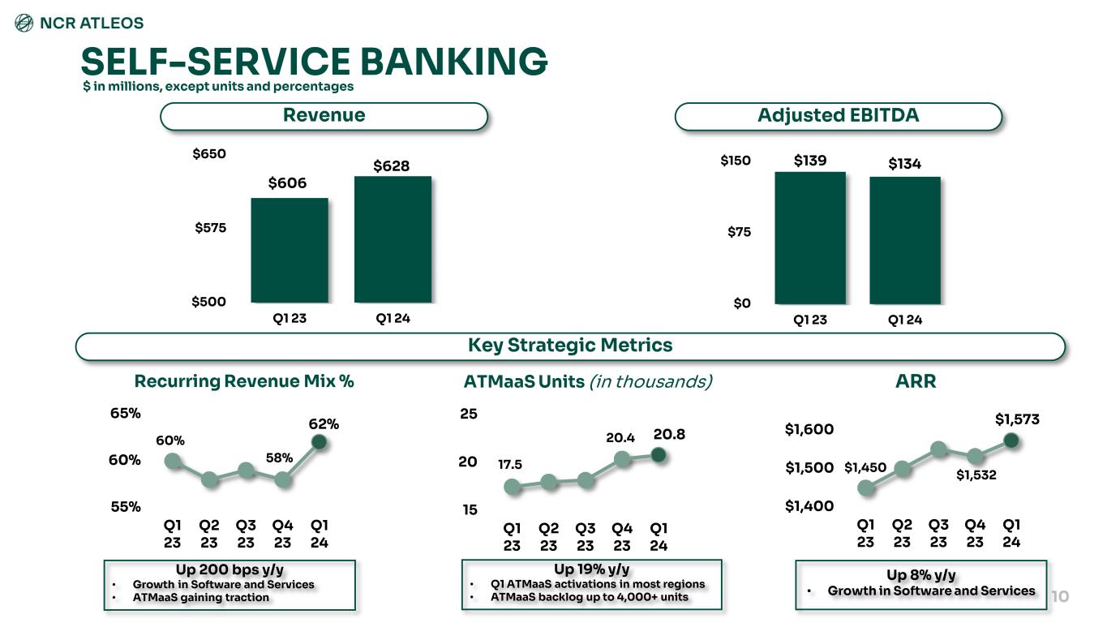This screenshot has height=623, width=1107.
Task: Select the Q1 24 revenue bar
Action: (x=393, y=239)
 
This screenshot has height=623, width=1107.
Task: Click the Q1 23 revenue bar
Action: (x=290, y=250)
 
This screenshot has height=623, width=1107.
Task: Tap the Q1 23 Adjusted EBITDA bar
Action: (x=810, y=238)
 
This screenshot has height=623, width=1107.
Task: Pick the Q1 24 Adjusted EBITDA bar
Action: (x=905, y=240)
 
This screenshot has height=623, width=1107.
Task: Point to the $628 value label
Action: (x=392, y=166)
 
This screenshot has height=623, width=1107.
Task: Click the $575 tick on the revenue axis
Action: (x=211, y=228)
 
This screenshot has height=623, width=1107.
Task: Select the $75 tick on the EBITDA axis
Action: (x=738, y=232)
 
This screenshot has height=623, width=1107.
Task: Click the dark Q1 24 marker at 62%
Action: (x=320, y=442)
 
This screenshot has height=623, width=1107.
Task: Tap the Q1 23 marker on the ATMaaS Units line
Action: (x=512, y=487)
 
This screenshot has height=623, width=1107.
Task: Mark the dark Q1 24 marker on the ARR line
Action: (x=1010, y=440)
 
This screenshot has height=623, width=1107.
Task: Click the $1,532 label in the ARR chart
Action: (x=976, y=475)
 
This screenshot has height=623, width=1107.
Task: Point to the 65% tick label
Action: (x=126, y=413)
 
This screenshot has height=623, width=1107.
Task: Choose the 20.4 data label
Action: (x=620, y=437)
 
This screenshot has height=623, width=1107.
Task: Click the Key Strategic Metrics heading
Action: (x=570, y=346)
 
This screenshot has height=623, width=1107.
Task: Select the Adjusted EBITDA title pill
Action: (x=838, y=116)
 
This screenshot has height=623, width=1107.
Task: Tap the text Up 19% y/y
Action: (x=590, y=569)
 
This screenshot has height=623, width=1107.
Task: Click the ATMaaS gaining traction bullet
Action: (x=201, y=598)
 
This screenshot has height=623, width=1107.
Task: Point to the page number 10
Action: (x=1060, y=597)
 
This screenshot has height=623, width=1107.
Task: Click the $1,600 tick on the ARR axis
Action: (x=809, y=429)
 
